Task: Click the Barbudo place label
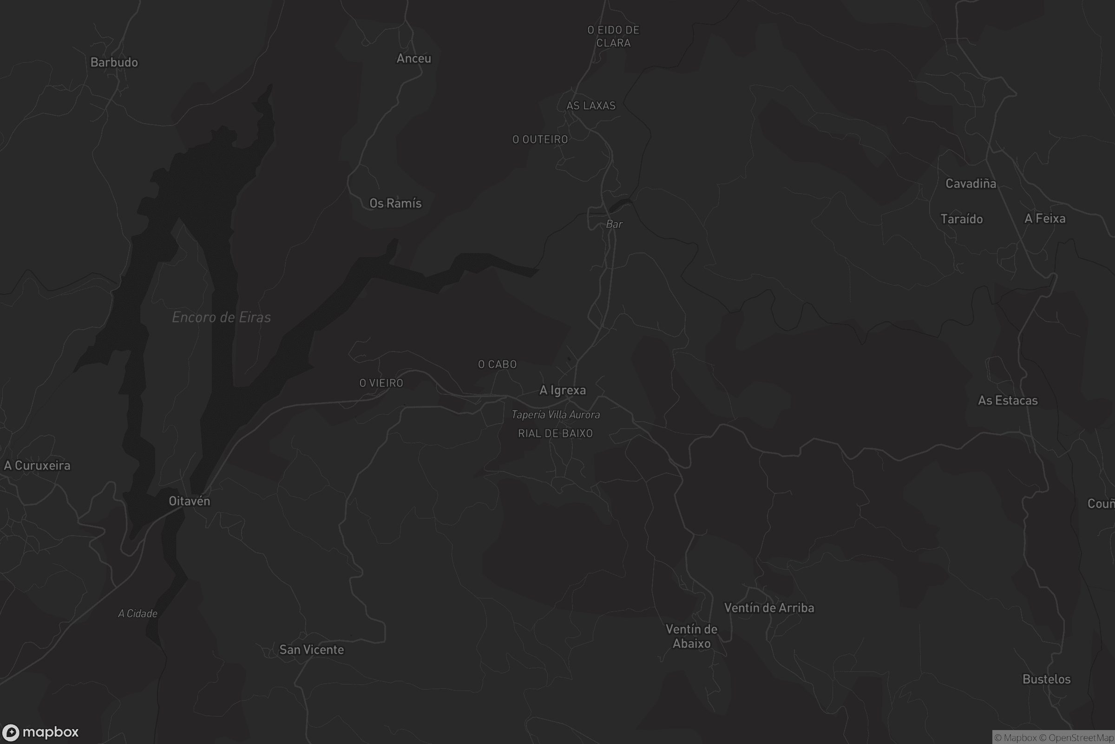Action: (x=114, y=62)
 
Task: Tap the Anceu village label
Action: (x=414, y=59)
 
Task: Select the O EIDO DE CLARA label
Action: (x=613, y=37)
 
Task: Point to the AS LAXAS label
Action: (x=591, y=106)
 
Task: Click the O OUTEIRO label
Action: (x=540, y=139)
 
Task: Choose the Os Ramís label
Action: (x=395, y=203)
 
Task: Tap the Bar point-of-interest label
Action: (x=614, y=224)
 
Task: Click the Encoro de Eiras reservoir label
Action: (x=222, y=317)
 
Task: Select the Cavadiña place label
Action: (x=971, y=184)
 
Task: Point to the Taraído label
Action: (x=961, y=219)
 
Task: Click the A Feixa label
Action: (x=1044, y=218)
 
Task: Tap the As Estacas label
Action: (x=1007, y=400)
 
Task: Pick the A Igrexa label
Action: (x=563, y=390)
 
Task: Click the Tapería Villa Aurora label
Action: (x=556, y=415)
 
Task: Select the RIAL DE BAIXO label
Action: (x=555, y=433)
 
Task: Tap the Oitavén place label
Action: (x=189, y=501)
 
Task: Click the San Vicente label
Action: (x=311, y=650)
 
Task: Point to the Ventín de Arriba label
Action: (x=769, y=608)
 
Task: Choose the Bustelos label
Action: (x=1046, y=679)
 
